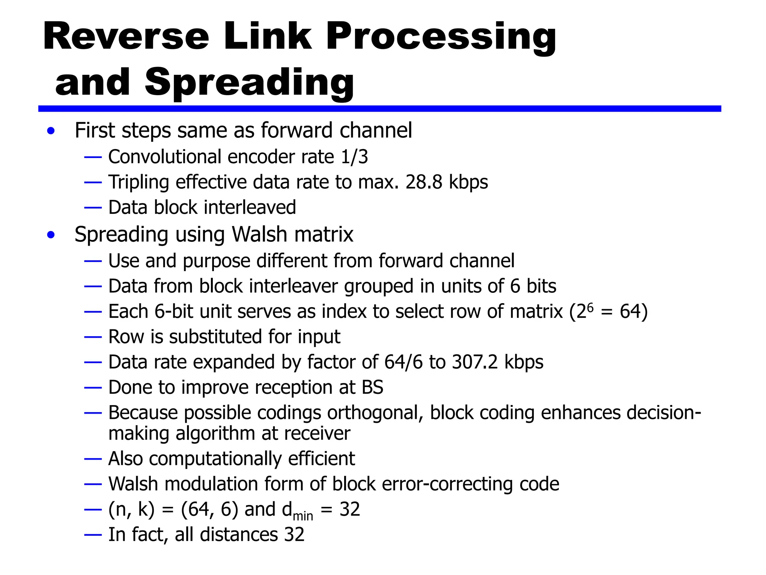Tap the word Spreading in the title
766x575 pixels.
click(249, 83)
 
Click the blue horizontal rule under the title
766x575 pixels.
click(379, 109)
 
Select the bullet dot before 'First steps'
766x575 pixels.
click(51, 131)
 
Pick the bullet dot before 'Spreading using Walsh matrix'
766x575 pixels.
click(51, 235)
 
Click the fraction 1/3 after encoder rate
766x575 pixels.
click(354, 156)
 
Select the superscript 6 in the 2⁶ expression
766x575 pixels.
click(590, 307)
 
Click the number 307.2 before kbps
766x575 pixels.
click(475, 362)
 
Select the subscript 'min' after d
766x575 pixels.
click(303, 516)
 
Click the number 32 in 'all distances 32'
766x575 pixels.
click(294, 535)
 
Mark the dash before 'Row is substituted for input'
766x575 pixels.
click(93, 337)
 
